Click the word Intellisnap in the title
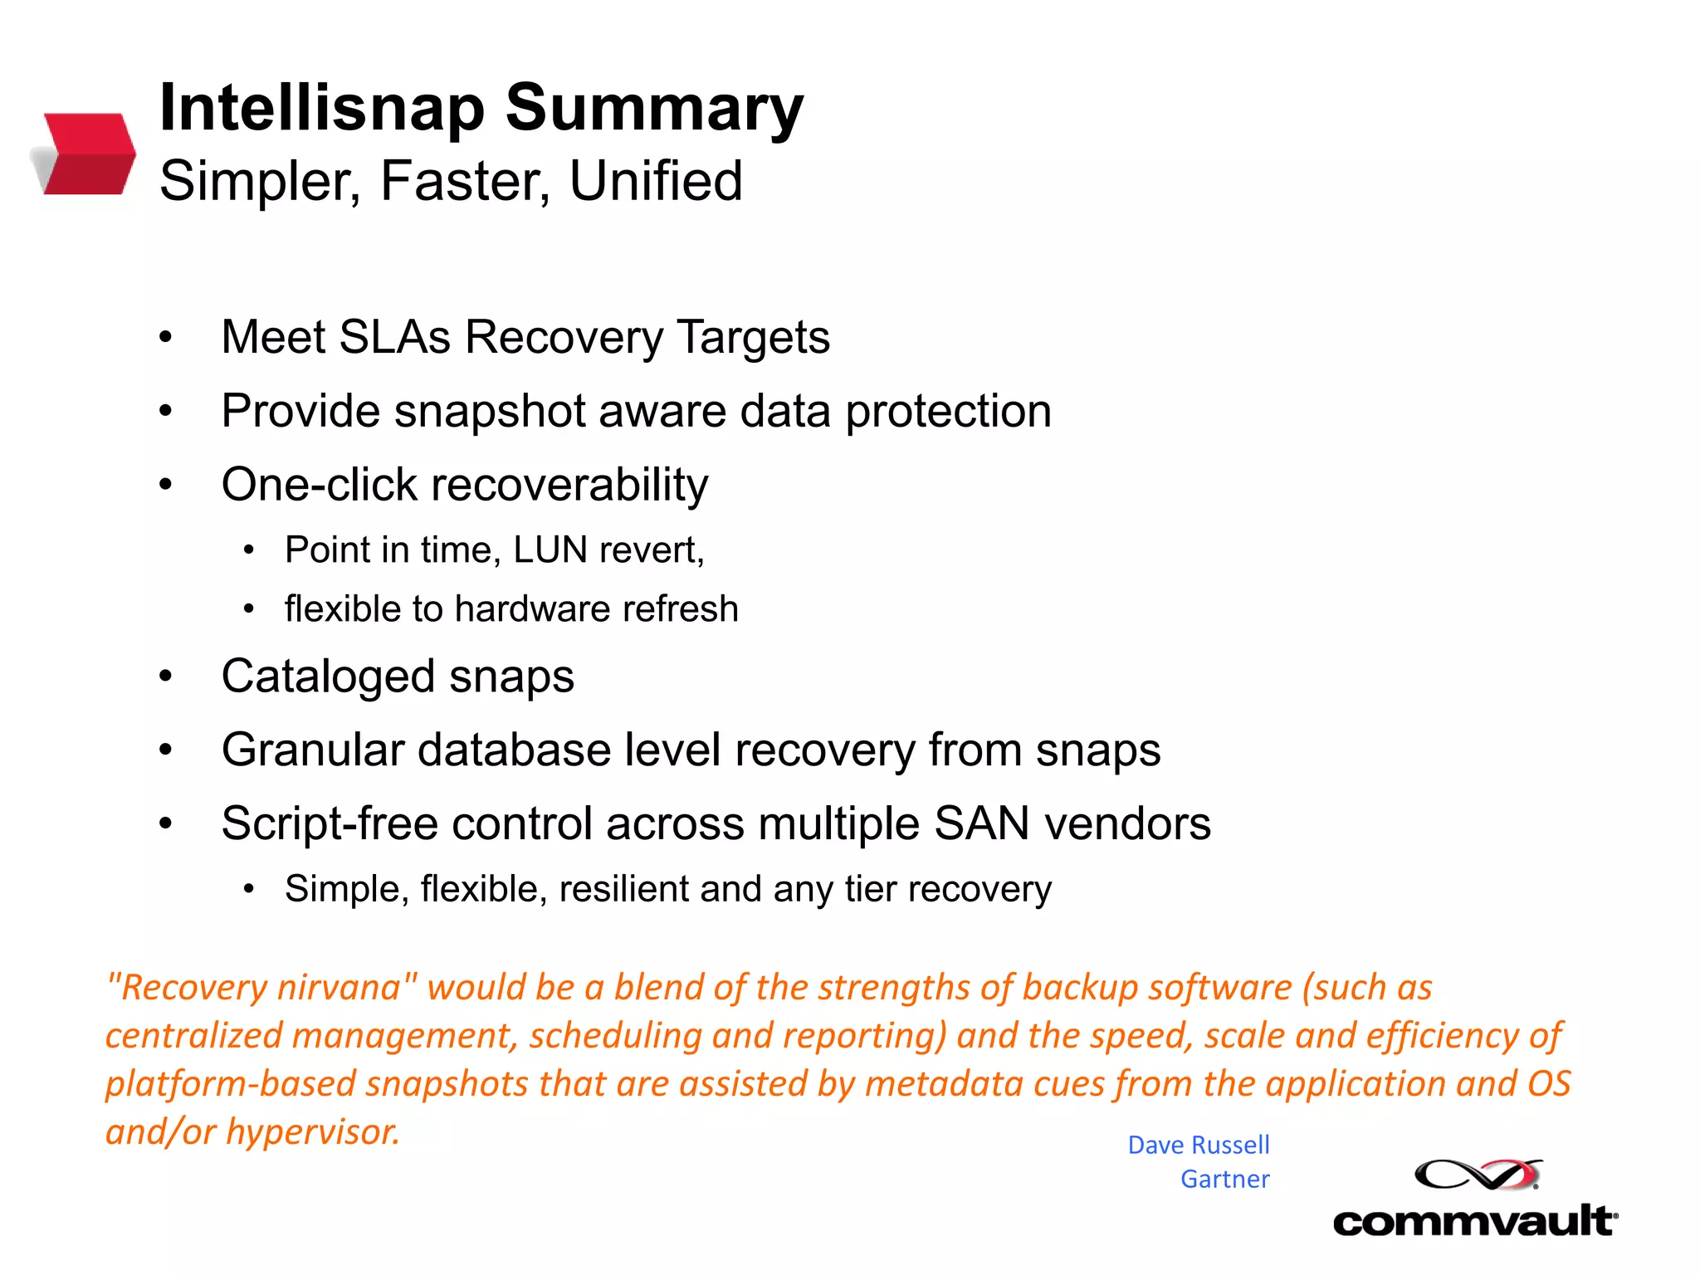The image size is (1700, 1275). pyautogui.click(x=321, y=108)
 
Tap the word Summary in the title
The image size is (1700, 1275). pyautogui.click(x=654, y=108)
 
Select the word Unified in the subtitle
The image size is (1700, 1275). pyautogui.click(x=656, y=181)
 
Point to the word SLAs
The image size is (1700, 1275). pyautogui.click(x=394, y=337)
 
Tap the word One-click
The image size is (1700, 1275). pyautogui.click(x=319, y=485)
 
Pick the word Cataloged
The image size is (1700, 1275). pyautogui.click(x=328, y=676)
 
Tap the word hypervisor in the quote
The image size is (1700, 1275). pyautogui.click(x=313, y=1132)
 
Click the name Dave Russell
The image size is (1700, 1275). pyautogui.click(x=1198, y=1146)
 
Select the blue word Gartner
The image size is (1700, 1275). pyautogui.click(x=1224, y=1180)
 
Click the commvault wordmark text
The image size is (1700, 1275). pyautogui.click(x=1474, y=1222)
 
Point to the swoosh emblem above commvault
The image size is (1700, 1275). pyautogui.click(x=1478, y=1175)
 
